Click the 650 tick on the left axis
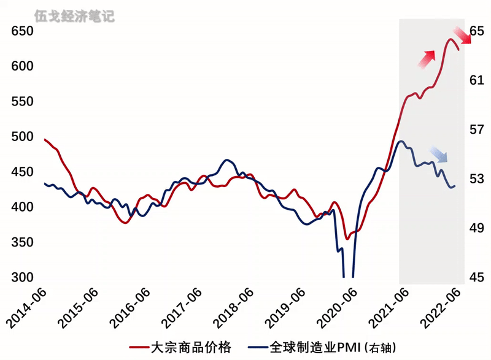23,31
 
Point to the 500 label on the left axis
23,137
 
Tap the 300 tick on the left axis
23,277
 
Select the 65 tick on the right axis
477,31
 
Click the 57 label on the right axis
477,130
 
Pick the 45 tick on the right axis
477,277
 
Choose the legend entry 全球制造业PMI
313,348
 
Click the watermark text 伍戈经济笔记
75,15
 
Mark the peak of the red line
450,39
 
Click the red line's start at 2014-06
45,139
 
